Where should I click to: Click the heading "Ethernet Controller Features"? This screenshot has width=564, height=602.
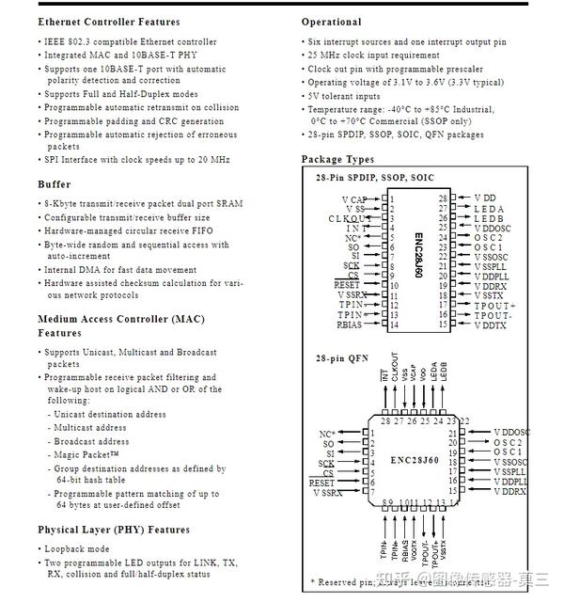click(x=108, y=22)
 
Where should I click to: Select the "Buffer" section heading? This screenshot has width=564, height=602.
click(x=54, y=184)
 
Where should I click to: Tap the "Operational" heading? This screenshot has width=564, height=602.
click(x=331, y=22)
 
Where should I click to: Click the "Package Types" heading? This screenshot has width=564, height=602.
click(x=337, y=160)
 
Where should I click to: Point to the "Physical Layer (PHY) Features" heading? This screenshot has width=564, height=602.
click(x=114, y=530)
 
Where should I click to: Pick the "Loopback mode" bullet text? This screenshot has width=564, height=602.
click(x=77, y=549)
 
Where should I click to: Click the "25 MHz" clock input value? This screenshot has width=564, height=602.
click(x=323, y=55)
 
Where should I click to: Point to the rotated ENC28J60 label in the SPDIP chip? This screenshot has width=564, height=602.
click(x=418, y=259)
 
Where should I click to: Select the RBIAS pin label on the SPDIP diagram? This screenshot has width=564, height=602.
click(x=350, y=325)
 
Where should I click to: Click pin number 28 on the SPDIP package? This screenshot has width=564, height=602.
click(x=443, y=198)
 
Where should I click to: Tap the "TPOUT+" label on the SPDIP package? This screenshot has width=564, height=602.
click(x=494, y=305)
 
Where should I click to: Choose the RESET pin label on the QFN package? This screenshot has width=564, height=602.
click(x=321, y=483)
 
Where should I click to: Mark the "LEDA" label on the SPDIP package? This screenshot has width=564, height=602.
click(x=489, y=209)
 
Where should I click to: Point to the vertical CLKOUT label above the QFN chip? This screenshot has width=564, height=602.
click(x=395, y=367)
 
